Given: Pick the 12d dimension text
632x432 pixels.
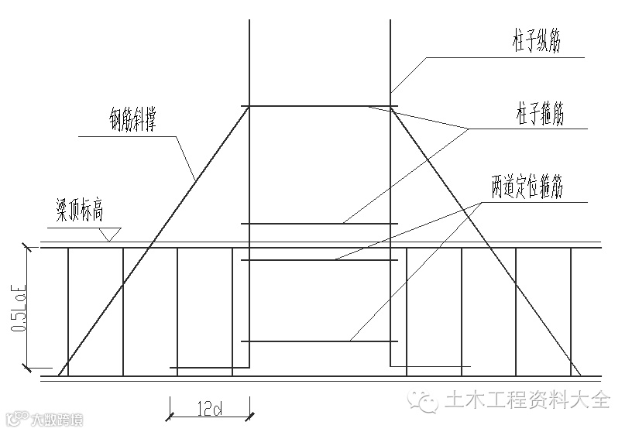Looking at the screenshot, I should pos(209,406).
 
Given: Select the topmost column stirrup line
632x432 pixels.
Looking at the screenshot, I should pos(319,107).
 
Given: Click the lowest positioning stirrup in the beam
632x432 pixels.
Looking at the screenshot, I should pos(319,341).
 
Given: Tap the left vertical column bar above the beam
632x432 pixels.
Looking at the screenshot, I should pos(249,62).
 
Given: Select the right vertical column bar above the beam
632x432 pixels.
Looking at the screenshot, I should pos(390,62).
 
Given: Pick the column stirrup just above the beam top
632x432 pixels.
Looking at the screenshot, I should pos(319,224).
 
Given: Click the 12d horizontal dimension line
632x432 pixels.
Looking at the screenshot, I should pos(209,416).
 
